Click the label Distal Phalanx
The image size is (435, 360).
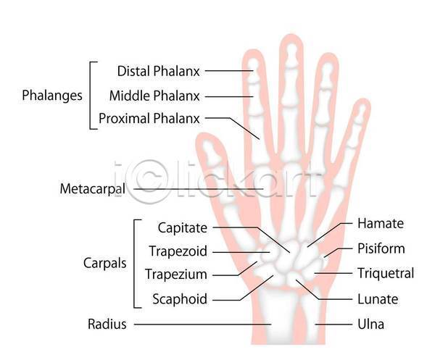click(158, 71)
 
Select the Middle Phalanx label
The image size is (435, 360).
click(154, 96)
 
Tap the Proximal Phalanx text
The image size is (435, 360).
click(149, 118)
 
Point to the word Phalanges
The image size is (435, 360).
click(52, 96)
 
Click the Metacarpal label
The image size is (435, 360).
click(93, 189)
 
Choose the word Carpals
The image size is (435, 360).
click(105, 263)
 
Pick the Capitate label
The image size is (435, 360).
click(183, 228)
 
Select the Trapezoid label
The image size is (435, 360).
click(178, 251)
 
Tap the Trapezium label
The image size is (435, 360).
click(176, 275)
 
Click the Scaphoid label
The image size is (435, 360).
click(180, 299)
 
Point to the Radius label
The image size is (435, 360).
click(107, 324)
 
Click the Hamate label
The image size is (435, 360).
click(381, 223)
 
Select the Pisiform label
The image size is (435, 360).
click(381, 248)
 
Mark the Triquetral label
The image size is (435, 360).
click(386, 273)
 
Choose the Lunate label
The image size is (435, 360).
click(378, 299)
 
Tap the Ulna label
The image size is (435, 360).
click(371, 325)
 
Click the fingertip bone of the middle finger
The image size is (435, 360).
click(291, 56)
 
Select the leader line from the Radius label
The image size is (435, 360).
click(203, 324)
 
